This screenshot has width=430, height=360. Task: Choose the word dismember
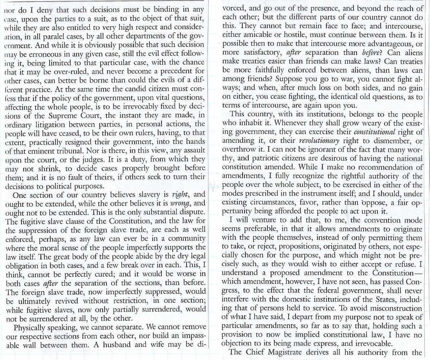[x=394, y=140]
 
